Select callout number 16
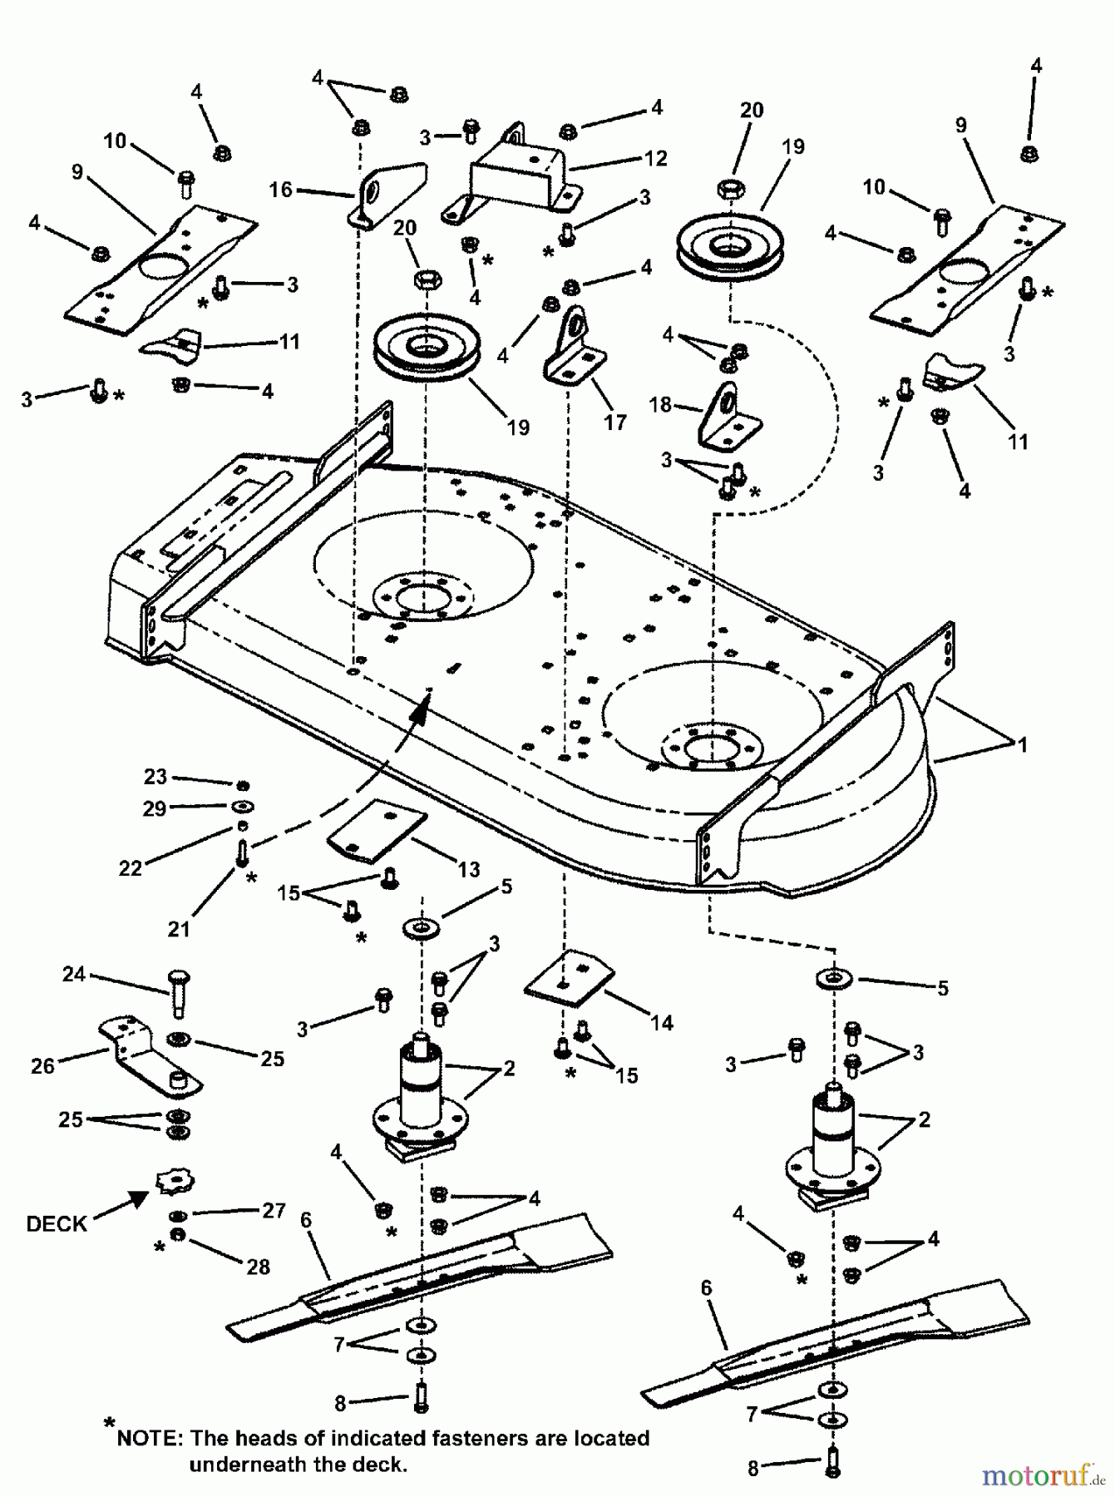(280, 190)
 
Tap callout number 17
(614, 422)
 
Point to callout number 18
(659, 405)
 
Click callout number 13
(469, 869)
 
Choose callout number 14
(662, 1023)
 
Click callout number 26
(42, 1065)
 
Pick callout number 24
(74, 973)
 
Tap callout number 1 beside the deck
(1022, 744)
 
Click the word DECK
(57, 1223)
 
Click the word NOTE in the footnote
(150, 1438)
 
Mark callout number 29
(155, 808)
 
